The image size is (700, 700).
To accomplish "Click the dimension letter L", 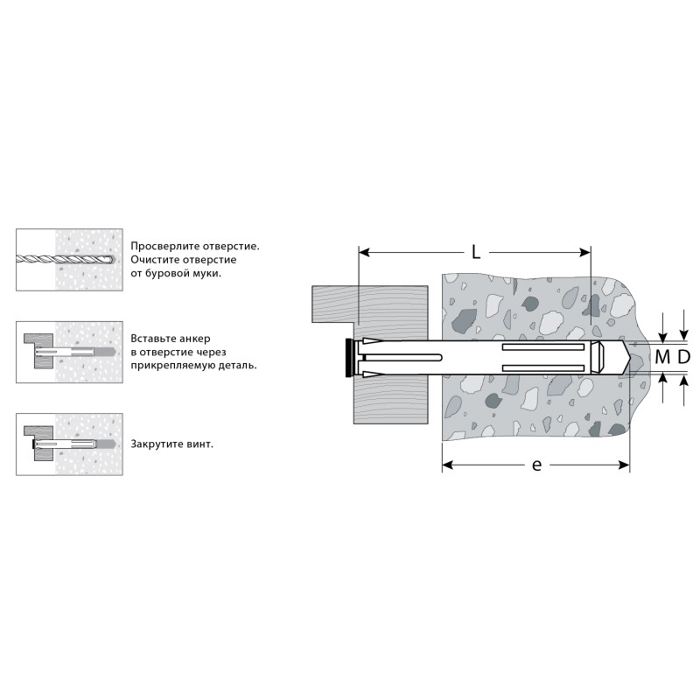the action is [476, 253].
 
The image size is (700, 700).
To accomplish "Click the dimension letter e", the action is [537, 465].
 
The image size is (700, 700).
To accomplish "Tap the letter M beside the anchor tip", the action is [662, 357].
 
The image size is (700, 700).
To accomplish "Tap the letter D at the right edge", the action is [684, 357].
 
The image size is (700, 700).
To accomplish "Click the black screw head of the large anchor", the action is [348, 358].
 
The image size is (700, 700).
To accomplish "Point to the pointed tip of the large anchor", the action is [629, 357].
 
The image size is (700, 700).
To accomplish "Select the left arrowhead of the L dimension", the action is [364, 253].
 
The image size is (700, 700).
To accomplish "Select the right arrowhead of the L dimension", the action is [584, 253].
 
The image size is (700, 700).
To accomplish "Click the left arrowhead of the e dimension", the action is [448, 465].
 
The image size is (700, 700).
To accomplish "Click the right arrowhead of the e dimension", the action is [624, 465].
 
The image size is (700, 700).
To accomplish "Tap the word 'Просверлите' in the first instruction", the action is [165, 247].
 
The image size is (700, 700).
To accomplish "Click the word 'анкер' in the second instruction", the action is [196, 339].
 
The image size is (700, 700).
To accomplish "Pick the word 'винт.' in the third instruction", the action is [199, 444].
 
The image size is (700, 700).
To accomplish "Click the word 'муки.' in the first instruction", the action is [206, 273].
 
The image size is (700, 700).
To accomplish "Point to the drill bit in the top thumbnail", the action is [65, 259].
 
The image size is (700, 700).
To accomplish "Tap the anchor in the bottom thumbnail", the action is [73, 444].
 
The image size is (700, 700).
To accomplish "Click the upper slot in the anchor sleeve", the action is [543, 346].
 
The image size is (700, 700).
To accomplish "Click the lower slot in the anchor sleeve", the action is [543, 367].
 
